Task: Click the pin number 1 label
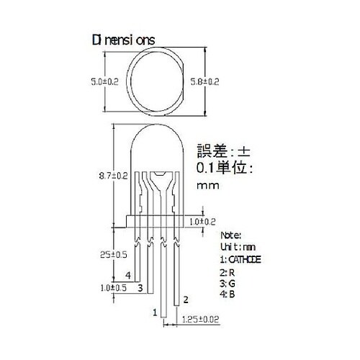coord(153,312)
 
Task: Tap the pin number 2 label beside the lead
coord(186,298)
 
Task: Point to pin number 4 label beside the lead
coord(127,276)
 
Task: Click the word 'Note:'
coord(230,235)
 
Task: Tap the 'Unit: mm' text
coord(233,246)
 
